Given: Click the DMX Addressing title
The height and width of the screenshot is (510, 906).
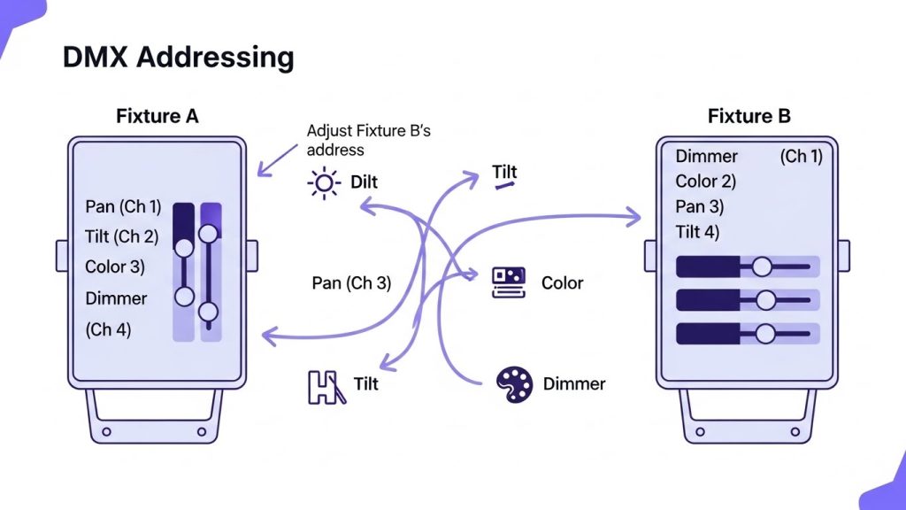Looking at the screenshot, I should coord(178,58).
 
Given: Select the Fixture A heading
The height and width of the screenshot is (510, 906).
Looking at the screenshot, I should coord(157,116).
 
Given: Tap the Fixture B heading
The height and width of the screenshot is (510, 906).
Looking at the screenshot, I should coord(749,116).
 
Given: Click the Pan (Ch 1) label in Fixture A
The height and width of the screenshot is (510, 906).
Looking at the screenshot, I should coord(123,206).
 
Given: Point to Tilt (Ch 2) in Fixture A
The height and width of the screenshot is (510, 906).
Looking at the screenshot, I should coord(122,236).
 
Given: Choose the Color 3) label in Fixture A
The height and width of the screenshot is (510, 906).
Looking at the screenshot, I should coord(115,267).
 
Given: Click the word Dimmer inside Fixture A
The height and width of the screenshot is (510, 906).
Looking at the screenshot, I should coord(116,298).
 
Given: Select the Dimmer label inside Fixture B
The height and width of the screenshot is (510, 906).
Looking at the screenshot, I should coord(706,157).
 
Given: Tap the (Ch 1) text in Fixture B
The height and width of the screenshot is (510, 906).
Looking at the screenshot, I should coord(801,157).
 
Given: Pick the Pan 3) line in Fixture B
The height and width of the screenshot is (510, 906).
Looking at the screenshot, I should coord(700,207).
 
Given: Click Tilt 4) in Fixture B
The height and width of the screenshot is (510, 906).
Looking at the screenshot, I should coord(697,232).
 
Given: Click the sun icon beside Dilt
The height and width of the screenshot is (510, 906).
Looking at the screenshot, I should coord(323,182).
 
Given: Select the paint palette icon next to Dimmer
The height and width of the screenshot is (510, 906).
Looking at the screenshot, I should coord(513,383).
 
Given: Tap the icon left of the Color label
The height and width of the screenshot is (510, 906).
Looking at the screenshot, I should coord(509,282).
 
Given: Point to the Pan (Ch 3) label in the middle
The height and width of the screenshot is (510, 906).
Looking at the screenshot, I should coord(351,283).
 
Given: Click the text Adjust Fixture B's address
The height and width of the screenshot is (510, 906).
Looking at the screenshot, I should coord(368,140).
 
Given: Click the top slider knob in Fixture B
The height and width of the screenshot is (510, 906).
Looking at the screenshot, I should coord(763,267).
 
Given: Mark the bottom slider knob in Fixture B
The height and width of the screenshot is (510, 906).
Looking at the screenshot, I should coord(765,333).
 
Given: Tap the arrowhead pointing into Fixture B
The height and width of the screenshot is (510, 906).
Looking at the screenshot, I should coord(633,214).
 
